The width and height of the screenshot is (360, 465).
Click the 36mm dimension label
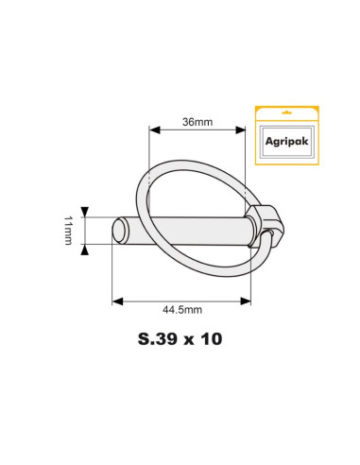click(196, 122)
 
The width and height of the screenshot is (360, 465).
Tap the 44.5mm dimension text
click(182, 309)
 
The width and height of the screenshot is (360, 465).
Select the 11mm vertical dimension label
click(68, 230)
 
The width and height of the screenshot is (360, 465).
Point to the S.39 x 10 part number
click(180, 338)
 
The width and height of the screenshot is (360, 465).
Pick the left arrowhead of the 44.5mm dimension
click(117, 301)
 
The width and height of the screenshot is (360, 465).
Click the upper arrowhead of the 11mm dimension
click(86, 212)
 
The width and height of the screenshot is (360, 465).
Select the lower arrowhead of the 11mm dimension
click(86, 249)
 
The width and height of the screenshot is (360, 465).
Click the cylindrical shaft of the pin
click(189, 230)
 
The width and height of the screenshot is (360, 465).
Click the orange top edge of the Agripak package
click(285, 107)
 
